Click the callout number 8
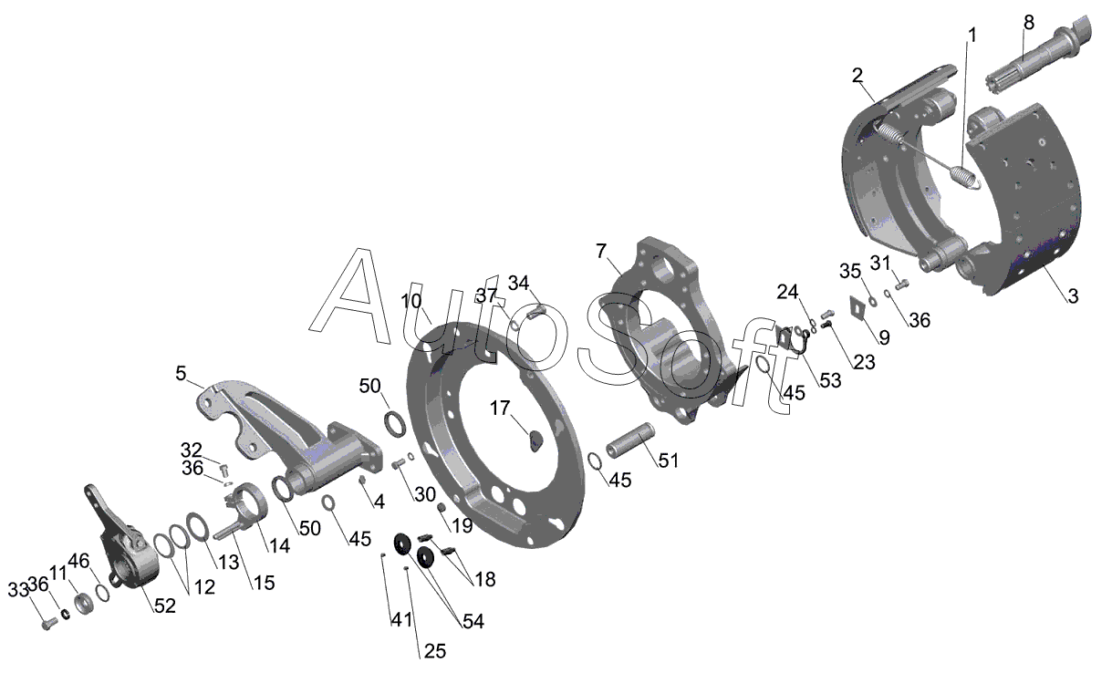pyautogui.click(x=1029, y=23)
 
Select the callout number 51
pyautogui.click(x=670, y=461)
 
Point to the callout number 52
pyautogui.click(x=164, y=606)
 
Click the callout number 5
pyautogui.click(x=181, y=373)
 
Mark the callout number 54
pyautogui.click(x=473, y=622)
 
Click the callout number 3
pyautogui.click(x=1073, y=296)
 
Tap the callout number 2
pyautogui.click(x=857, y=76)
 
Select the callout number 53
pyautogui.click(x=830, y=381)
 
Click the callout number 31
pyautogui.click(x=880, y=263)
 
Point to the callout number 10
pyautogui.click(x=411, y=301)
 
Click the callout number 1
pyautogui.click(x=972, y=36)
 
